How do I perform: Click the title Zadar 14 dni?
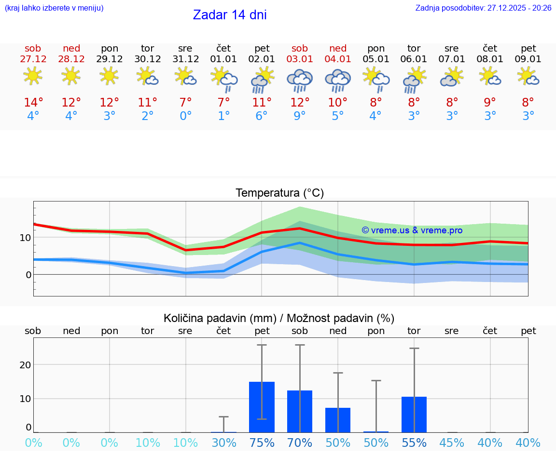pyautogui.click(x=230, y=15)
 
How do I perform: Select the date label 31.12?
pyautogui.click(x=185, y=59)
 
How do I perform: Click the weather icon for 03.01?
pyautogui.click(x=300, y=80)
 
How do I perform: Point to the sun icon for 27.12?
pyautogui.click(x=33, y=76)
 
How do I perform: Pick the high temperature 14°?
pyautogui.click(x=33, y=103)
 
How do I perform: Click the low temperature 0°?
pyautogui.click(x=185, y=116)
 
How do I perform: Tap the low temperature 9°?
pyautogui.click(x=300, y=116)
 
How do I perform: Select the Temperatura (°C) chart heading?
pyautogui.click(x=279, y=193)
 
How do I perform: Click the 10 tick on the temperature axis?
pyautogui.click(x=25, y=237)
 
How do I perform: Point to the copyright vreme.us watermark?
pyautogui.click(x=412, y=230)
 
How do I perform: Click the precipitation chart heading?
pyautogui.click(x=279, y=318)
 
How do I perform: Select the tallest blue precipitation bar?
pyautogui.click(x=262, y=407)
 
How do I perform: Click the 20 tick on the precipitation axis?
pyautogui.click(x=25, y=365)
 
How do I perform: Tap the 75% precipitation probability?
pyautogui.click(x=262, y=443)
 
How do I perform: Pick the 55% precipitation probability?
pyautogui.click(x=414, y=443)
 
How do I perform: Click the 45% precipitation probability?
pyautogui.click(x=452, y=443)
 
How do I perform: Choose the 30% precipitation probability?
pyautogui.click(x=223, y=443)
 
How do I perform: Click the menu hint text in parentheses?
pyautogui.click(x=54, y=8)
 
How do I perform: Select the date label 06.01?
pyautogui.click(x=414, y=59)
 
